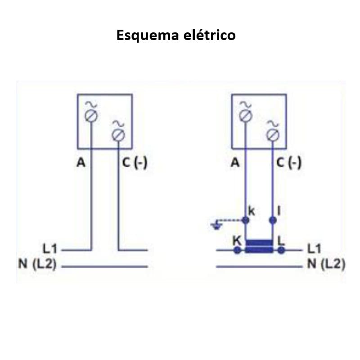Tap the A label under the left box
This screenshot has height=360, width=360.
pyautogui.click(x=81, y=163)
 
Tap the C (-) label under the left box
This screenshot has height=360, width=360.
pyautogui.click(x=135, y=163)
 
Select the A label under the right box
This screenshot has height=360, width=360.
pyautogui.click(x=235, y=163)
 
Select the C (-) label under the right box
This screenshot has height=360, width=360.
pyautogui.click(x=289, y=163)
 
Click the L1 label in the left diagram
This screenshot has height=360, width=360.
pyautogui.click(x=49, y=248)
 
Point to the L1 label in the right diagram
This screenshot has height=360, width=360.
pyautogui.click(x=315, y=248)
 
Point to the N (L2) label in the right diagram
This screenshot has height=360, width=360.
pyautogui.click(x=326, y=265)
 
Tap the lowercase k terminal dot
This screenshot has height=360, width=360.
pyautogui.click(x=246, y=220)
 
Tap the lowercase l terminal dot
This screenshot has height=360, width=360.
pyautogui.click(x=273, y=220)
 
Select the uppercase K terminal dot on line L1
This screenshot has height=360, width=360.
pyautogui.click(x=237, y=250)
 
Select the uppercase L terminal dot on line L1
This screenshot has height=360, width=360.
pyautogui.click(x=281, y=250)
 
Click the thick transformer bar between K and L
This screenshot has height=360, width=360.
pyautogui.click(x=259, y=246)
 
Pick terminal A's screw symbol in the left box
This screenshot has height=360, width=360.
pyautogui.click(x=91, y=116)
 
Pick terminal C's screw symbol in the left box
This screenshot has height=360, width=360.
pyautogui.click(x=118, y=134)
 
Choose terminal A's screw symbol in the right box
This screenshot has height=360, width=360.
pyautogui.click(x=246, y=116)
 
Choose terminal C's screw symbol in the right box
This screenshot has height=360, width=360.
pyautogui.click(x=273, y=134)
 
